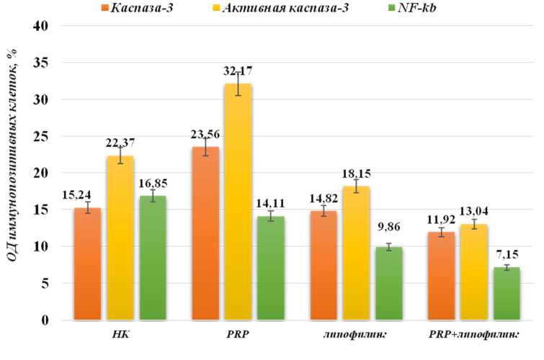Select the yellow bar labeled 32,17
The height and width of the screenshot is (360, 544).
[236, 202]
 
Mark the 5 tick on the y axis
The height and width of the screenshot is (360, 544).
[48, 284]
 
